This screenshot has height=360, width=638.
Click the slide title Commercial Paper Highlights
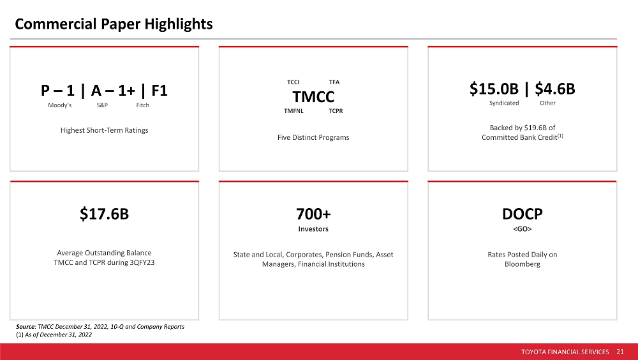(114, 24)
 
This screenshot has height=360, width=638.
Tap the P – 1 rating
(57, 91)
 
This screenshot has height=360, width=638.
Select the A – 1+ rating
(113, 91)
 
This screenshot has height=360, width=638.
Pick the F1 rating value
(159, 91)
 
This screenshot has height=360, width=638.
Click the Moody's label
(60, 105)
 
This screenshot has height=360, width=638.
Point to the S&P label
(102, 105)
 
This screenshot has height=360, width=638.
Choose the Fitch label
(142, 105)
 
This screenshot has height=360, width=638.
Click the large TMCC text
(313, 97)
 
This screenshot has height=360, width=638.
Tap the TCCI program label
(293, 82)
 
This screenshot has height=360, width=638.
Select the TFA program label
(334, 82)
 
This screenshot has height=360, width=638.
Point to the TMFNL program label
(293, 111)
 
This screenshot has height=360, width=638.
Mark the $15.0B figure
(494, 89)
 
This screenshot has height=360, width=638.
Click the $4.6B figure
(554, 89)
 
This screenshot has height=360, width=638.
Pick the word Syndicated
(504, 103)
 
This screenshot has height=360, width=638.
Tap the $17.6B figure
(104, 214)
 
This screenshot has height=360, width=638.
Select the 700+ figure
(313, 214)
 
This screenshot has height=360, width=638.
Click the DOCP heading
(522, 214)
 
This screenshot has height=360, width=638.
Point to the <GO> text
(522, 229)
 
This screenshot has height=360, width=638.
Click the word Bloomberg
(522, 264)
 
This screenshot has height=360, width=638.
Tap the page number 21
(620, 352)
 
